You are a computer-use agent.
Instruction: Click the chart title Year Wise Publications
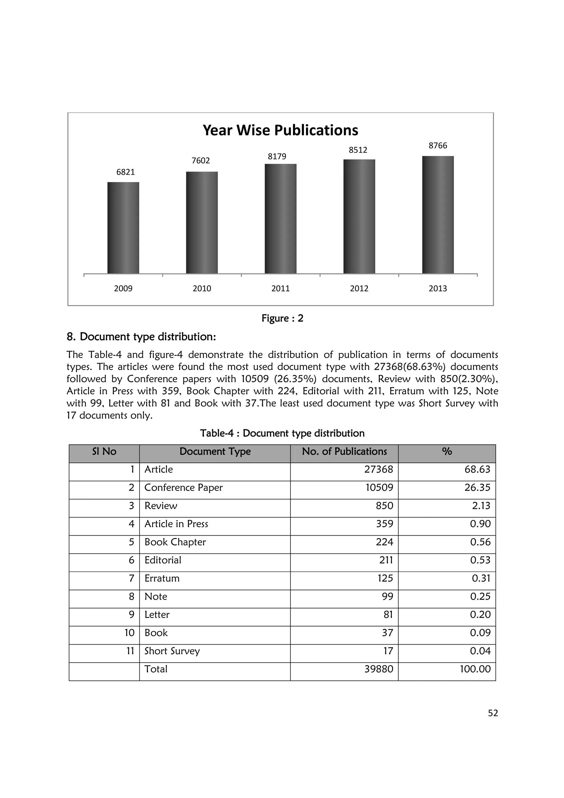pyautogui.click(x=280, y=130)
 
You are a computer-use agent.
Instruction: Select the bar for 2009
pyautogui.click(x=123, y=228)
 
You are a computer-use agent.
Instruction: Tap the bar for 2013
pyautogui.click(x=438, y=215)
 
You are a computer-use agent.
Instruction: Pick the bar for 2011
pyautogui.click(x=280, y=219)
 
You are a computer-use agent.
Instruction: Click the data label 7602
pyautogui.click(x=201, y=161)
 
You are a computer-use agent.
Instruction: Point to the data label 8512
pyautogui.click(x=358, y=150)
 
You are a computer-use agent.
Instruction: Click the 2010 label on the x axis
pyautogui.click(x=202, y=289)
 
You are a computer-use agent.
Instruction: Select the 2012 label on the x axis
pyautogui.click(x=359, y=289)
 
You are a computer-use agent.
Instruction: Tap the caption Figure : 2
pyautogui.click(x=282, y=318)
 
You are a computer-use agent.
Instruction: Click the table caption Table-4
pyautogui.click(x=282, y=433)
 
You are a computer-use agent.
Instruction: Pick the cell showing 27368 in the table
pyautogui.click(x=378, y=469)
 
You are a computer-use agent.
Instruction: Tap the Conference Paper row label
pyautogui.click(x=183, y=488)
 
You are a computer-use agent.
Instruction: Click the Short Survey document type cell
pyautogui.click(x=172, y=651)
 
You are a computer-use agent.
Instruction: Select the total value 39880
pyautogui.click(x=378, y=669)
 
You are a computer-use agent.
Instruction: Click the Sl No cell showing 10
pyautogui.click(x=129, y=633)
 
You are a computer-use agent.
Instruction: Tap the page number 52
pyautogui.click(x=493, y=713)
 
